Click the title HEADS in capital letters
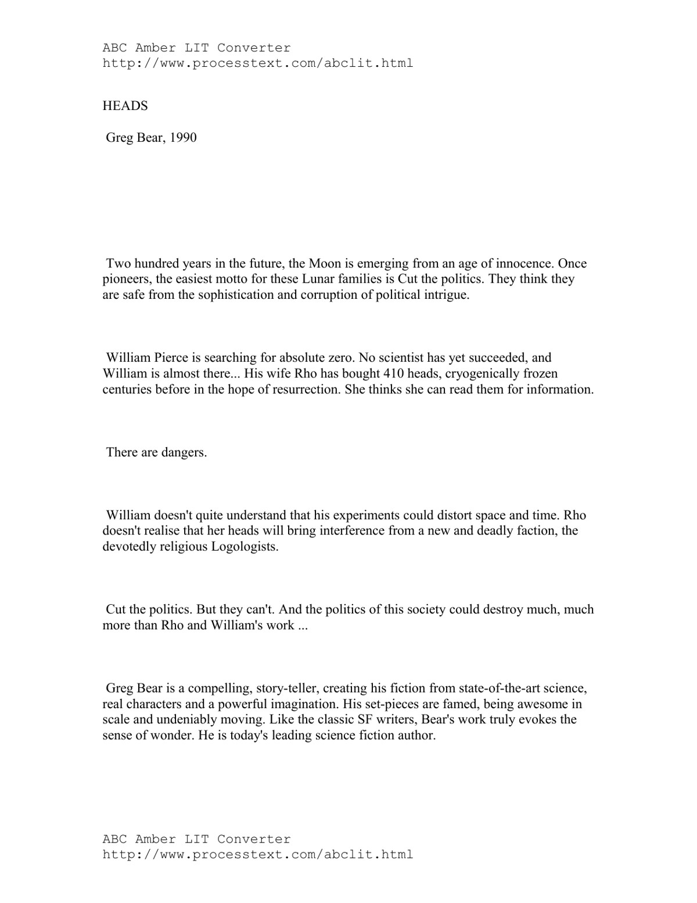125,106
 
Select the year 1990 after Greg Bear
183,138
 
